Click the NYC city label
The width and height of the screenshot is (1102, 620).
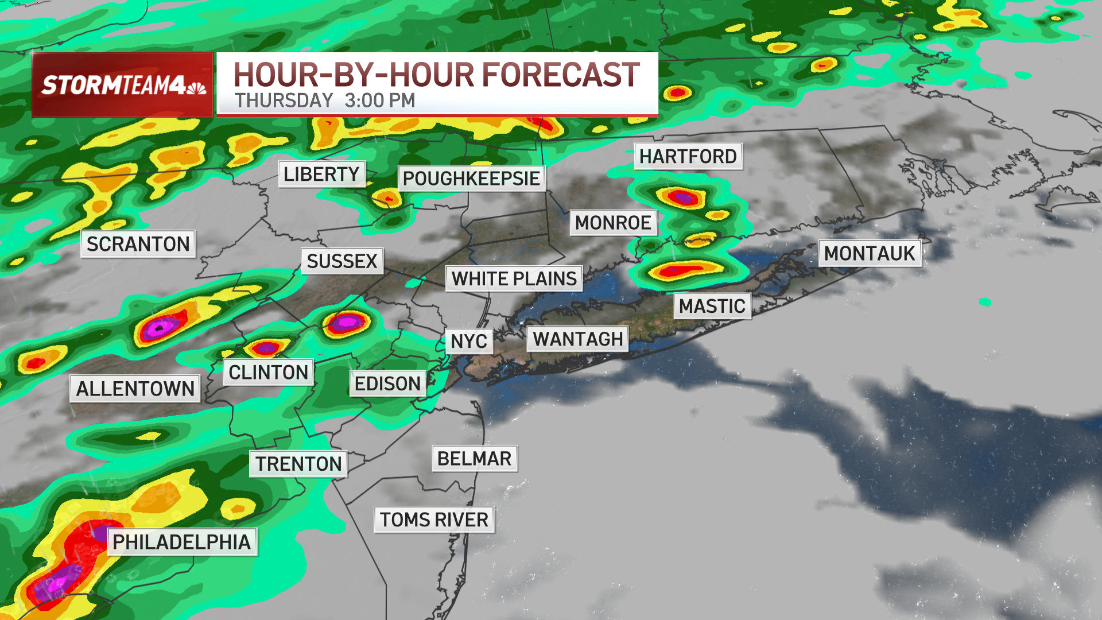pyautogui.click(x=468, y=341)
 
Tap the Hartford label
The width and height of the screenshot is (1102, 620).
pyautogui.click(x=688, y=156)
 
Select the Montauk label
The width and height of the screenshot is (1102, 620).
pyautogui.click(x=869, y=253)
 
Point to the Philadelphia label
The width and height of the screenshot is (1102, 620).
pyautogui.click(x=181, y=542)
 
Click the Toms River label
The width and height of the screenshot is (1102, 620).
pyautogui.click(x=434, y=520)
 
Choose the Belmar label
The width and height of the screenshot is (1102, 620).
pyautogui.click(x=474, y=459)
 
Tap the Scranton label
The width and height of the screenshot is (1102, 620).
pyautogui.click(x=138, y=244)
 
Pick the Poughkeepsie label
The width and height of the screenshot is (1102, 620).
pyautogui.click(x=471, y=179)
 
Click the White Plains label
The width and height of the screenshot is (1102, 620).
pyautogui.click(x=514, y=278)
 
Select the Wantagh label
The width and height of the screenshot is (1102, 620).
pyautogui.click(x=577, y=339)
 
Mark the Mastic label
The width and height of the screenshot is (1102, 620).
pyautogui.click(x=712, y=306)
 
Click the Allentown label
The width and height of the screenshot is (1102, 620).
pyautogui.click(x=135, y=389)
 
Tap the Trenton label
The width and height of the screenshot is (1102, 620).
pyautogui.click(x=298, y=464)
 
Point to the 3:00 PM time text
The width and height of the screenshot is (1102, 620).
pyautogui.click(x=380, y=100)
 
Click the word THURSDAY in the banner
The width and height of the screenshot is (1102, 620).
pyautogui.click(x=284, y=100)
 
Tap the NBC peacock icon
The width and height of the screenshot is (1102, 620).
pyautogui.click(x=196, y=87)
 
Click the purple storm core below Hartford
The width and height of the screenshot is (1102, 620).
pyautogui.click(x=683, y=198)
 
